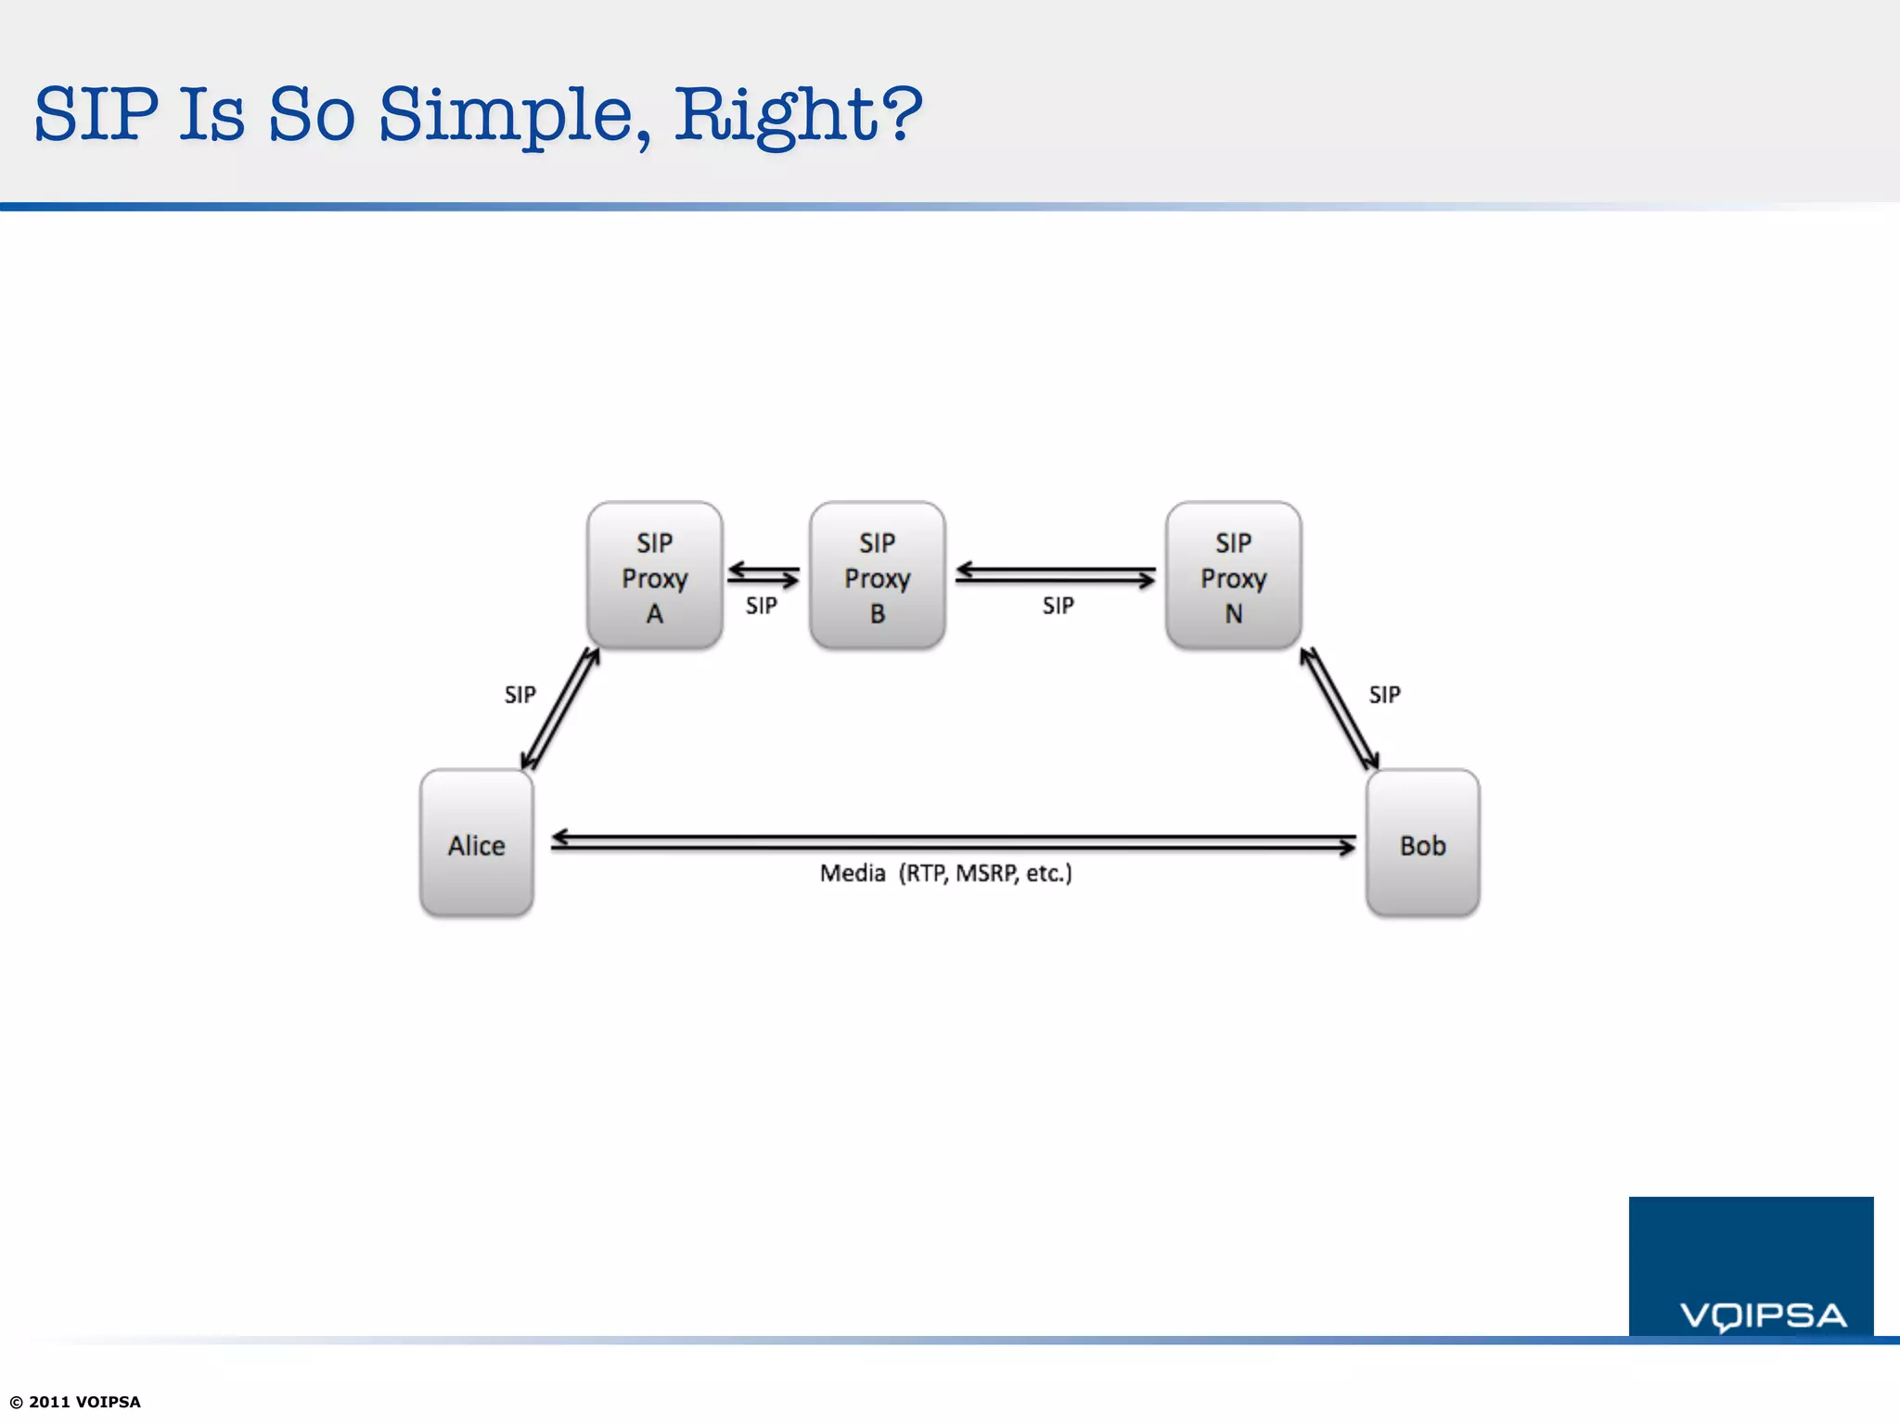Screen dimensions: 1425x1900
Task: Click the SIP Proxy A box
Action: [x=654, y=575]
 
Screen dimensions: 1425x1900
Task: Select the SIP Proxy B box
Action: [x=877, y=575]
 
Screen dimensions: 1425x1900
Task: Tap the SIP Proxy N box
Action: [x=1233, y=575]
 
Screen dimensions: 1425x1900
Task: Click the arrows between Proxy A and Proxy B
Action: [x=763, y=575]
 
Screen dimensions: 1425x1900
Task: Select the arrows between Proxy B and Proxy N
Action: [x=1055, y=575]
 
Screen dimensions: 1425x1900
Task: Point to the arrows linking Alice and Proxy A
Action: [x=560, y=710]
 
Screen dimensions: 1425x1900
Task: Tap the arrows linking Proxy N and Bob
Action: [x=1339, y=710]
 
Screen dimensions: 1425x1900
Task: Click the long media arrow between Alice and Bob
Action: [x=953, y=842]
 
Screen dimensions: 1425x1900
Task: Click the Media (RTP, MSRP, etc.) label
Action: [x=945, y=873]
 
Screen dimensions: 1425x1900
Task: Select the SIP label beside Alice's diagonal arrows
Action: [x=520, y=694]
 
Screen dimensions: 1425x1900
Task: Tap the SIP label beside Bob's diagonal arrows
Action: [x=1384, y=694]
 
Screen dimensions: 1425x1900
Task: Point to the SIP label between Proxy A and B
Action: [x=761, y=606]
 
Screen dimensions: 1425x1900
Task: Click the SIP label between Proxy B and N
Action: [x=1058, y=606]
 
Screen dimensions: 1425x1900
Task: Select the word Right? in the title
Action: [x=798, y=116]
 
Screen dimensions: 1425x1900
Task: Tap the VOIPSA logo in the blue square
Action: [x=1763, y=1316]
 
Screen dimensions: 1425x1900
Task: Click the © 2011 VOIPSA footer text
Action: [x=75, y=1402]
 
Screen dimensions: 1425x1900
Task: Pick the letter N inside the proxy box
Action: [x=1233, y=614]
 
